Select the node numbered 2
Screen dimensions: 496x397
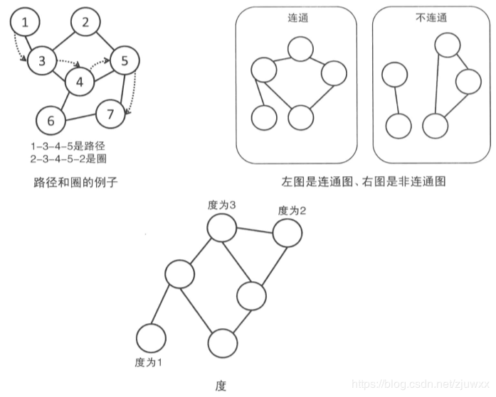85,22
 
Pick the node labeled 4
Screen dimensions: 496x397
80,82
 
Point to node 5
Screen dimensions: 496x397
124,61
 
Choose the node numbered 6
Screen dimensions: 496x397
50,120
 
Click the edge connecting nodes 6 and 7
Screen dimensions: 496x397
80,116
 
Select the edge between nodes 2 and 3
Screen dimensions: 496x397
63,42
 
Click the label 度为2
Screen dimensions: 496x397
292,210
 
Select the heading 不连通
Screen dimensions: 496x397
431,18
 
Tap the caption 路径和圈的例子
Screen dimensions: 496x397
75,183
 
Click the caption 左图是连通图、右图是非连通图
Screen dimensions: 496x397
363,182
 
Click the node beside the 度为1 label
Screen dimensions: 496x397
150,337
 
